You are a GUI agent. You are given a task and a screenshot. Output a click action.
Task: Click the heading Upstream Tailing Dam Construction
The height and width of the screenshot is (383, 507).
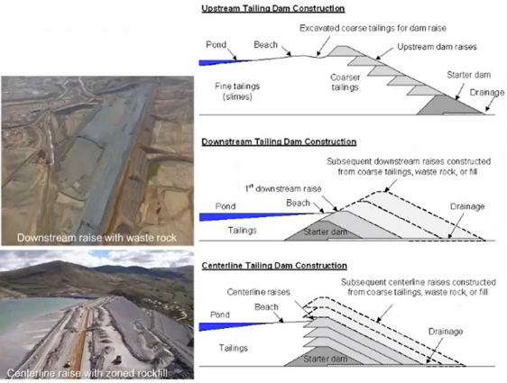click(273, 8)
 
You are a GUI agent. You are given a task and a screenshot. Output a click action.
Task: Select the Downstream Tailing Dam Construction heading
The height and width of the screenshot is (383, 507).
click(279, 141)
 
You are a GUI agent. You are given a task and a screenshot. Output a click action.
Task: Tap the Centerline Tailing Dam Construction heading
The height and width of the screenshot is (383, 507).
click(274, 266)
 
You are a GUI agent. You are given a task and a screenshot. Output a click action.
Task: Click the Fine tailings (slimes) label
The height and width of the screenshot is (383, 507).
click(237, 91)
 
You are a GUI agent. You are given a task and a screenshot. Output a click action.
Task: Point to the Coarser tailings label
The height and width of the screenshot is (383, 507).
click(345, 82)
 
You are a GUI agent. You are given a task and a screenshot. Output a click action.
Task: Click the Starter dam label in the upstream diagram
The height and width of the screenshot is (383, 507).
click(469, 75)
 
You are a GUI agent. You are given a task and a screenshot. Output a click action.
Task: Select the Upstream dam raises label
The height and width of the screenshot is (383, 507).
click(437, 47)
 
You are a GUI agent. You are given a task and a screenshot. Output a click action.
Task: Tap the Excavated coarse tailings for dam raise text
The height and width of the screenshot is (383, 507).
click(373, 28)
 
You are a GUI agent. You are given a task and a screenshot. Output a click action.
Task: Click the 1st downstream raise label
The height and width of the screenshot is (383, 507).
click(283, 188)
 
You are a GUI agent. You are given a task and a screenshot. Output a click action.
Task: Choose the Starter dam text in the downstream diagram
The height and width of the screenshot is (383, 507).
click(326, 232)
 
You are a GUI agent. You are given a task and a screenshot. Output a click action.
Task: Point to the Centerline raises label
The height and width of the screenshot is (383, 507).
click(258, 292)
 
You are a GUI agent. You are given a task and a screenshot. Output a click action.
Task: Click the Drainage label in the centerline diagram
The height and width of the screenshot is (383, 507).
click(446, 332)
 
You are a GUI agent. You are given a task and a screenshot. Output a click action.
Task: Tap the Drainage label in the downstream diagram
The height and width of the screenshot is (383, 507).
click(467, 206)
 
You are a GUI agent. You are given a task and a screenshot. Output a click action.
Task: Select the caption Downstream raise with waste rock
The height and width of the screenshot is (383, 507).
click(97, 238)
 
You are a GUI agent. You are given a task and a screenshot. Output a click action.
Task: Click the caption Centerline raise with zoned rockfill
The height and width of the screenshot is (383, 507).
click(88, 373)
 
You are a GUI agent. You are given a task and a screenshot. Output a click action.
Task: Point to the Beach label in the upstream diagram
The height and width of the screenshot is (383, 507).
click(265, 44)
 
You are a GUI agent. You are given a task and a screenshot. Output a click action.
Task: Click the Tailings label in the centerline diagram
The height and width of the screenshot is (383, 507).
click(233, 348)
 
